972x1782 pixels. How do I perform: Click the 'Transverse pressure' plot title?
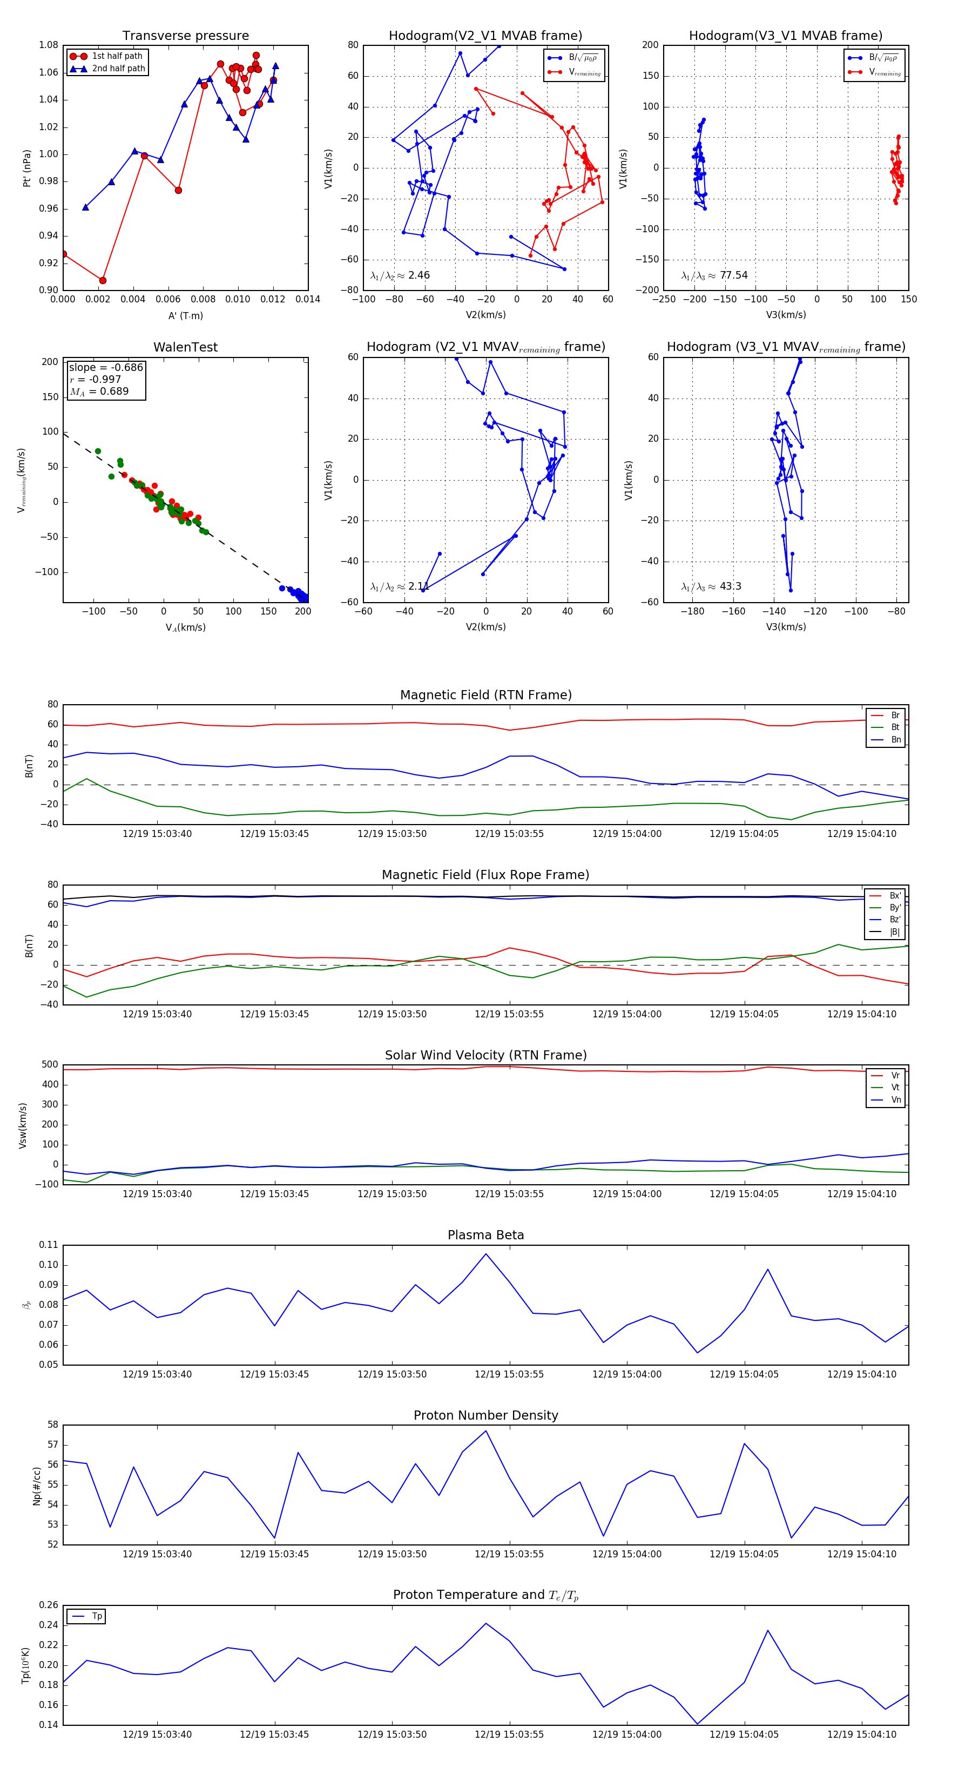click(x=185, y=36)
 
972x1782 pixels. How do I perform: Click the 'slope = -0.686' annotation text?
click(x=106, y=367)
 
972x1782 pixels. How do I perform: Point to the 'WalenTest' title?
click(x=185, y=347)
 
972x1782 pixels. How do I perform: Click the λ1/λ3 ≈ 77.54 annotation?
click(x=714, y=275)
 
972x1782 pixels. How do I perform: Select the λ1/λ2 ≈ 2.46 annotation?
click(x=400, y=275)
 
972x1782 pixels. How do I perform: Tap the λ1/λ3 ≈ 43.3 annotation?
click(x=711, y=586)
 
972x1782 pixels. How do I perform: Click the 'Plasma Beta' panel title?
click(x=485, y=1236)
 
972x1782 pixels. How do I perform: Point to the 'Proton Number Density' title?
click(x=485, y=1415)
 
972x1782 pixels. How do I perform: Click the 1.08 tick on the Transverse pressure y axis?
click(x=49, y=45)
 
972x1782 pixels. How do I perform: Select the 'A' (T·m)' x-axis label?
click(x=185, y=316)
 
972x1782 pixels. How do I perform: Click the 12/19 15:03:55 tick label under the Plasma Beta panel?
click(x=509, y=1374)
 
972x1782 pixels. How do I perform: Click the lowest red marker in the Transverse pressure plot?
click(x=103, y=280)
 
